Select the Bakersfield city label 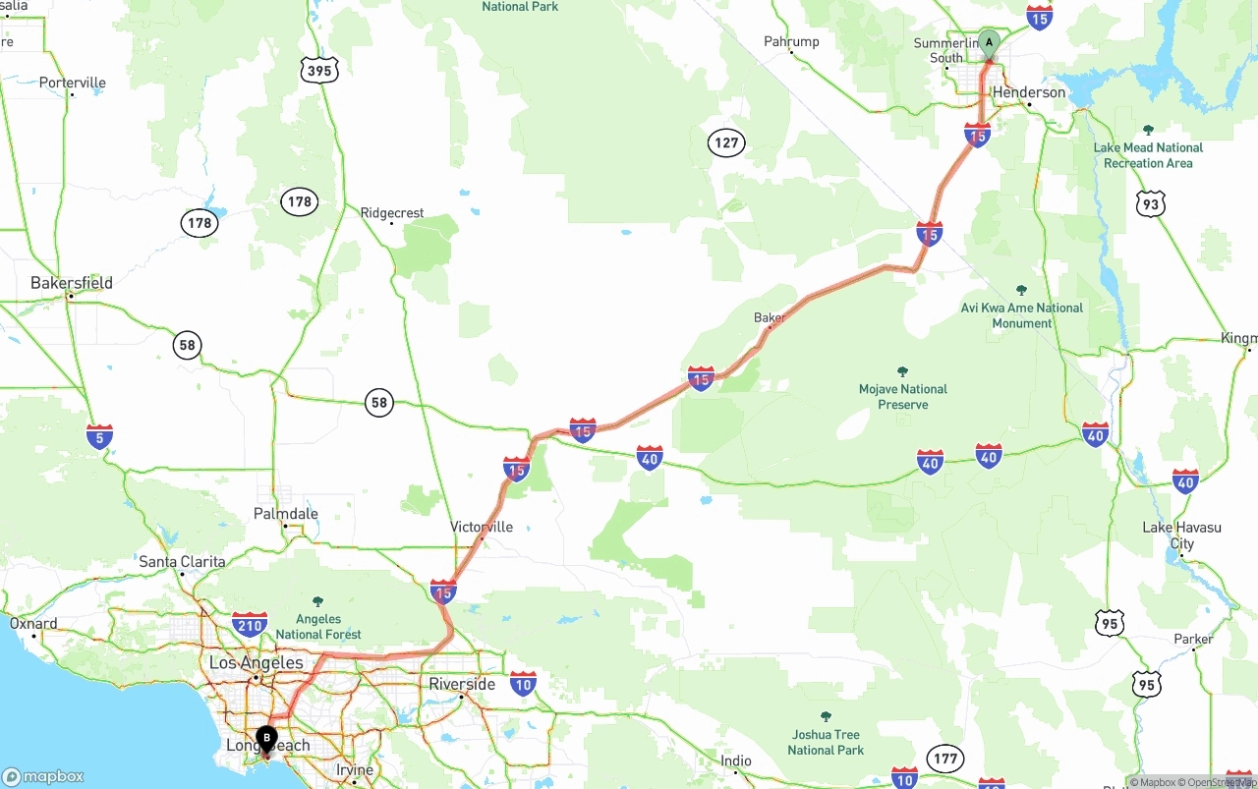click(72, 283)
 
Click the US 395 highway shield click(319, 69)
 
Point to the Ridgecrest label click(392, 212)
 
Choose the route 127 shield click(726, 142)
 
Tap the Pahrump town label click(791, 41)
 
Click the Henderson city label click(1029, 92)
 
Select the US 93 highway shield click(1149, 203)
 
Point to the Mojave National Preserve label click(903, 396)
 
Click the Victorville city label click(482, 527)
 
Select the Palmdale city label click(286, 513)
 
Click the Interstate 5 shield click(99, 436)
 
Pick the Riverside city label click(462, 684)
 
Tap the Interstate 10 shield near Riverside click(523, 684)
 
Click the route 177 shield click(945, 758)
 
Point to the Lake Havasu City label click(1181, 535)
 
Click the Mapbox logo click(43, 776)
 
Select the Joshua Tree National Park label click(826, 742)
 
